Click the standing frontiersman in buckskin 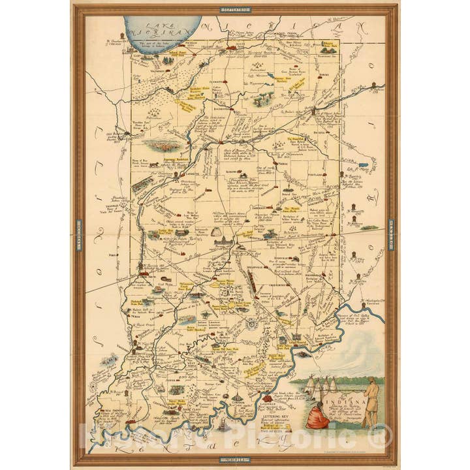point(371,402)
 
